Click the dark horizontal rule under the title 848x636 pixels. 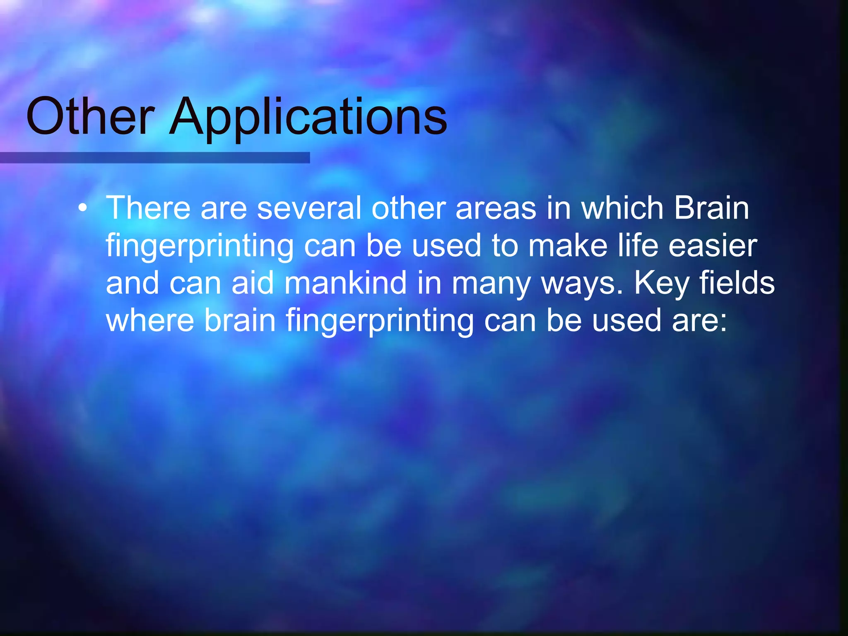coord(155,158)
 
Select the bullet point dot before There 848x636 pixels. coord(83,208)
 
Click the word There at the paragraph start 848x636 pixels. coord(148,208)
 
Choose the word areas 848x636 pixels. coord(496,208)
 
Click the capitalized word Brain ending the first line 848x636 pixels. coord(711,208)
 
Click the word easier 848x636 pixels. coord(713,246)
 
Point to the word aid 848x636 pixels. coord(253,283)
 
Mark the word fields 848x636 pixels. coord(737,283)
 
